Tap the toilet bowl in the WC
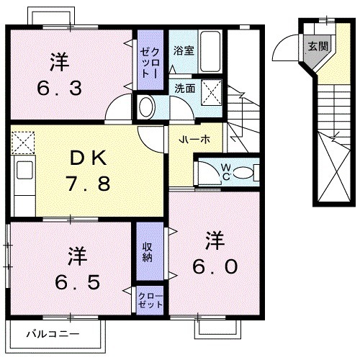click(243, 172)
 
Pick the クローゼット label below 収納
click(150, 300)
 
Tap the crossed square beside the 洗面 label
click(211, 91)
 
